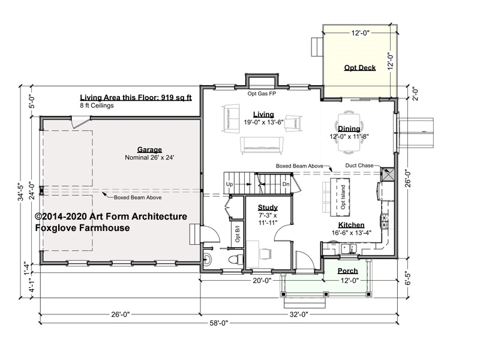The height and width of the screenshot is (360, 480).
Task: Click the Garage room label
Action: (149, 149)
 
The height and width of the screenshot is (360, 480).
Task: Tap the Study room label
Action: (268, 208)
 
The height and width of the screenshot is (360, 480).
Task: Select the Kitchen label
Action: (351, 226)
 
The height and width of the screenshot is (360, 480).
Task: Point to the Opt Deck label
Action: (359, 68)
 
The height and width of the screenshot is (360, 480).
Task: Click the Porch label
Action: (348, 271)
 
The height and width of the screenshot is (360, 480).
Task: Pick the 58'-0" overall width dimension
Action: (219, 323)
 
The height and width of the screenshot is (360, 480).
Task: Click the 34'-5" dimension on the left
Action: (21, 192)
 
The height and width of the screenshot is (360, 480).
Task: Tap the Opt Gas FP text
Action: (262, 94)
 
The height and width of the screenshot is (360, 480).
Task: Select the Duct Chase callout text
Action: (359, 166)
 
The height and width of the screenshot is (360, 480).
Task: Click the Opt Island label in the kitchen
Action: (343, 197)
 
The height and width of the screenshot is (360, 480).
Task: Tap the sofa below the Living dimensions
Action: (261, 145)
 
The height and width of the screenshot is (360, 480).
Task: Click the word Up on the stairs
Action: (229, 184)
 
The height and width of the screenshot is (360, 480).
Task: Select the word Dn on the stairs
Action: (286, 184)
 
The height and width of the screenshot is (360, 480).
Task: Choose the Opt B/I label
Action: (238, 234)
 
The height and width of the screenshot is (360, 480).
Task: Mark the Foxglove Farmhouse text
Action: (82, 228)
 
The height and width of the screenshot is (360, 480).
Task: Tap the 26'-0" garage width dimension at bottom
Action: (121, 314)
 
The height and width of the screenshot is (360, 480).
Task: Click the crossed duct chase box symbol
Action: (387, 174)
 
